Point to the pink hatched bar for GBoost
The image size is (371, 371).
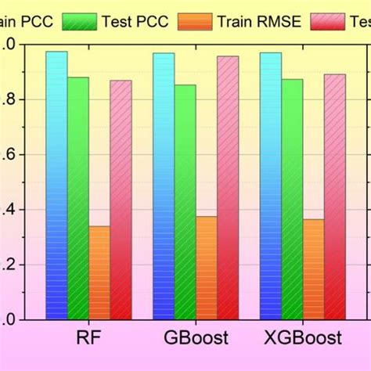[x=228, y=188]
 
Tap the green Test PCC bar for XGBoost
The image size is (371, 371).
[x=292, y=199]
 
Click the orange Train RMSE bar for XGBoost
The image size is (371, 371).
[x=313, y=269]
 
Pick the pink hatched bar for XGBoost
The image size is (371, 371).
[x=335, y=196]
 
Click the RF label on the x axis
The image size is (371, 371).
[x=88, y=338]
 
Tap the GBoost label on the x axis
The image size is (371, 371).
[x=196, y=338]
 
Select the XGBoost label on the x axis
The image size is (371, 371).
[x=302, y=338]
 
